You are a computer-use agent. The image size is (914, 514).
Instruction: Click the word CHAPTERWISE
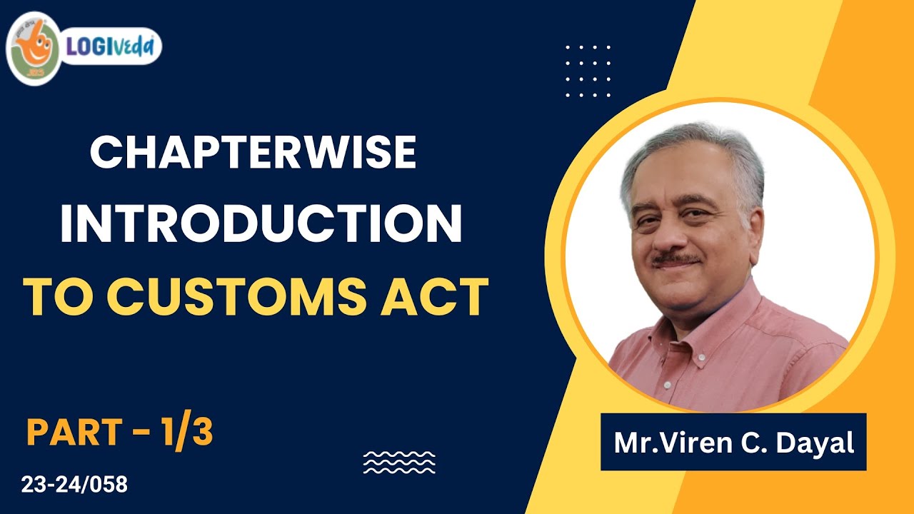pyautogui.click(x=253, y=153)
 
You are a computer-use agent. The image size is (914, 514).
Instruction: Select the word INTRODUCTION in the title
pyautogui.click(x=261, y=224)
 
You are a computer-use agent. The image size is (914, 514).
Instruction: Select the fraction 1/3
pyautogui.click(x=187, y=433)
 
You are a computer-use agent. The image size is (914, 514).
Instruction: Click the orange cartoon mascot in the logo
pyautogui.click(x=33, y=48)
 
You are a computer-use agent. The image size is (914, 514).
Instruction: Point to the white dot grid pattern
pyautogui.click(x=588, y=71)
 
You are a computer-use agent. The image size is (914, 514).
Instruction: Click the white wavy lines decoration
pyautogui.click(x=398, y=462)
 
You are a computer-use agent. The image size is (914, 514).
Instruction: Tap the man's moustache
pyautogui.click(x=675, y=258)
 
